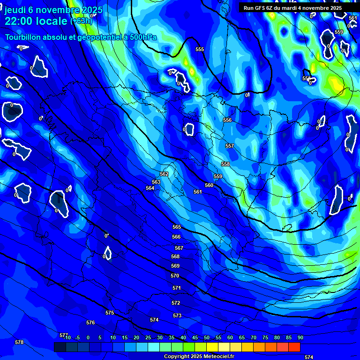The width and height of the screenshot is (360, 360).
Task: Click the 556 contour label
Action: tap(227, 120)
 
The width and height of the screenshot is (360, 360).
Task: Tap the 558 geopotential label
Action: tap(225, 165)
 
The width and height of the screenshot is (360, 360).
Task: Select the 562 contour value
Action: tap(164, 174)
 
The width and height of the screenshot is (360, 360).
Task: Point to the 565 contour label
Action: tap(177, 227)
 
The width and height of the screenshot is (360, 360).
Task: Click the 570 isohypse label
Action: tap(175, 276)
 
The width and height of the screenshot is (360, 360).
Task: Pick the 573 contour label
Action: tap(177, 316)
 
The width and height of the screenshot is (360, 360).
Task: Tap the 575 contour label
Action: tap(110, 313)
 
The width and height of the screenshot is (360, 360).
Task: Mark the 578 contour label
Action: tap(19, 343)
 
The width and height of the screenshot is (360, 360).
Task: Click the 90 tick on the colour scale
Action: tap(300, 337)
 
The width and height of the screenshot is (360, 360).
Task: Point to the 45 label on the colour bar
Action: tap(195, 337)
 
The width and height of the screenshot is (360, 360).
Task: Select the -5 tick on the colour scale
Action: tap(77, 337)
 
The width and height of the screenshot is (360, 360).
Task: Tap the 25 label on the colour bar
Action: tap(148, 337)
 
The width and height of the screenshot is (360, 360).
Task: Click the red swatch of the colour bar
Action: tap(294, 347)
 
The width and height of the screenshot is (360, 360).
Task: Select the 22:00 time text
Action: tap(21, 21)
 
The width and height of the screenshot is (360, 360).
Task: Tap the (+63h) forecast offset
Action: tap(82, 21)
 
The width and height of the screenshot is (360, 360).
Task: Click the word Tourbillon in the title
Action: tap(24, 37)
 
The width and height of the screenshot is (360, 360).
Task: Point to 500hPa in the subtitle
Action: tap(141, 37)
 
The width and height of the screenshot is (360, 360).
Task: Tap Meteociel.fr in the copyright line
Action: tap(218, 357)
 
